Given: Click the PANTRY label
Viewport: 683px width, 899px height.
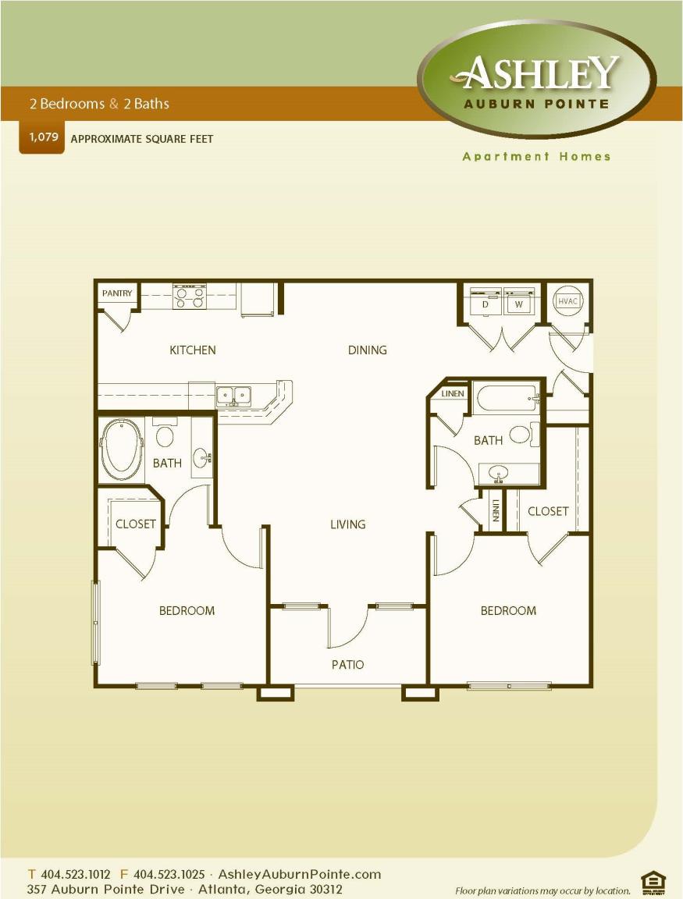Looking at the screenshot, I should click(117, 293).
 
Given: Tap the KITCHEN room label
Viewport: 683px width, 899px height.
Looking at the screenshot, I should click(193, 350).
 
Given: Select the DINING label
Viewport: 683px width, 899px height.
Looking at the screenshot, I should click(367, 350).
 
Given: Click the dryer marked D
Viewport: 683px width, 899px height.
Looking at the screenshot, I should click(485, 302).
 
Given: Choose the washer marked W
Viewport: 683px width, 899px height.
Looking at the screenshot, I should click(518, 302).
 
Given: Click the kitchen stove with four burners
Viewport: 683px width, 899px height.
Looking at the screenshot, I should click(189, 297).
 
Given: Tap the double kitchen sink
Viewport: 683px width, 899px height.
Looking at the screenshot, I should click(233, 396).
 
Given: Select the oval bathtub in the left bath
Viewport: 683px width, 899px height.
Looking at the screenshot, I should click(121, 451).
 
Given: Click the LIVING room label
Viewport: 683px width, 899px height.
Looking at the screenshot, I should click(347, 524).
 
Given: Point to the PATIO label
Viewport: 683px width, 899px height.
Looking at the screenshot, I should click(347, 665).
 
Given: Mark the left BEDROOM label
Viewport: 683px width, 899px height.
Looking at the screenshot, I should click(187, 610).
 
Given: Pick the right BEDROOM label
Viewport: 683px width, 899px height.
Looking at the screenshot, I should click(508, 610).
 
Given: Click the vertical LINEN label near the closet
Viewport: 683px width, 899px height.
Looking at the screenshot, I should click(496, 512).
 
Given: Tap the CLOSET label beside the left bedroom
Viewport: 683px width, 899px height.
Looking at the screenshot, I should click(135, 524).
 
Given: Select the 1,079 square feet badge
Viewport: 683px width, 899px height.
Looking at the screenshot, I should click(41, 137).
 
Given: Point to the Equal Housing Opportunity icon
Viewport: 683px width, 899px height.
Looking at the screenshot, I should click(653, 882).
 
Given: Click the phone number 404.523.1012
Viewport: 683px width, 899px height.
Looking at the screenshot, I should click(75, 874).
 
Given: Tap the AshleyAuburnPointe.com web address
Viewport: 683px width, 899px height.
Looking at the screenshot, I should click(300, 874).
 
